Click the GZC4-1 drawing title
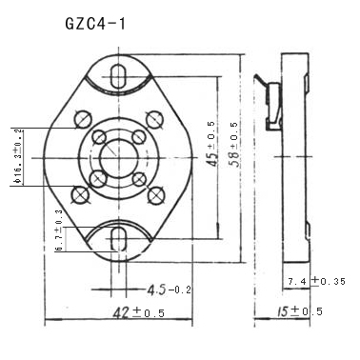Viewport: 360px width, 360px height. [95, 24]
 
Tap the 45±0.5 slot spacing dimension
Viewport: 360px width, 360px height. [211, 144]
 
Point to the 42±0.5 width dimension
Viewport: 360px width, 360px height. [139, 313]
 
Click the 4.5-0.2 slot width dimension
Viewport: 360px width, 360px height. [169, 290]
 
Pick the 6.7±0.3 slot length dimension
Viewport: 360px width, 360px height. [59, 230]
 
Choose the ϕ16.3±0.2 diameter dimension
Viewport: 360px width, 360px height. [18, 156]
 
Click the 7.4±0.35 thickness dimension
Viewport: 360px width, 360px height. [316, 281]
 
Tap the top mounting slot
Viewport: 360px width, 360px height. [119, 76]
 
